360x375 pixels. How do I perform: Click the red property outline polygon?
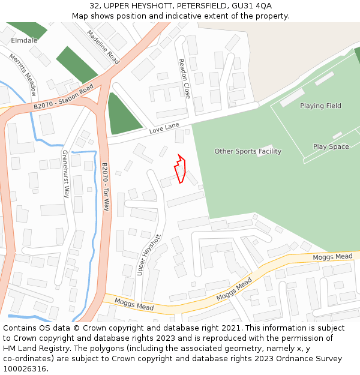(181, 170)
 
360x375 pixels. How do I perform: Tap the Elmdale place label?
(24, 41)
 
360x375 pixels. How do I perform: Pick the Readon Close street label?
(184, 79)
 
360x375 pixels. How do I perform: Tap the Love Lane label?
(164, 128)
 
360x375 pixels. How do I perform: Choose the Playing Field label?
(320, 106)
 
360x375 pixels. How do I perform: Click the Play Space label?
(331, 147)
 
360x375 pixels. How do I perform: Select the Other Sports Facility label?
(248, 152)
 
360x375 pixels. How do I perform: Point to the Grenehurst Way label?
(66, 174)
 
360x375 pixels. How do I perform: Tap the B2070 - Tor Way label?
(105, 187)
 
